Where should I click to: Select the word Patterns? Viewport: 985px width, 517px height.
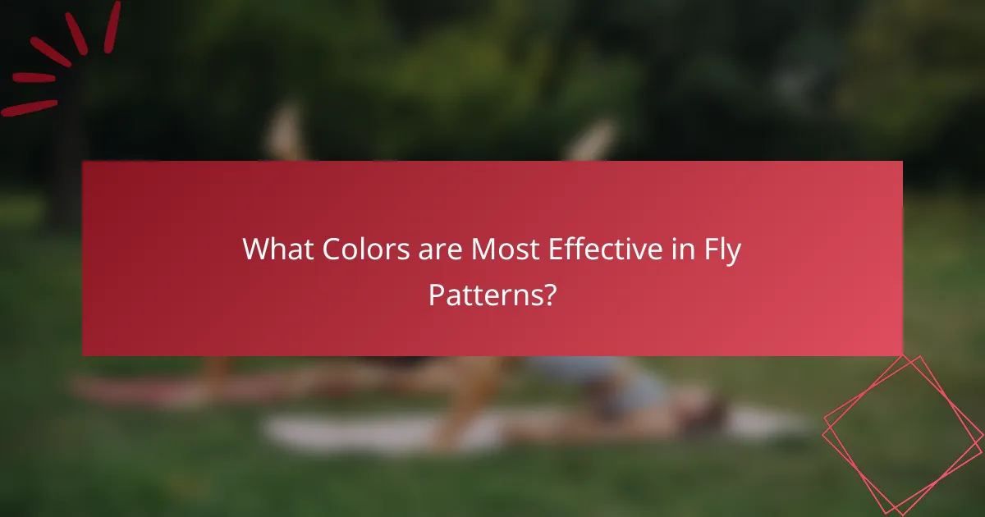482,295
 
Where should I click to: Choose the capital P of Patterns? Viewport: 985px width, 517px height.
435,295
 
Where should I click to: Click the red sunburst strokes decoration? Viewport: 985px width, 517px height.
62,57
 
